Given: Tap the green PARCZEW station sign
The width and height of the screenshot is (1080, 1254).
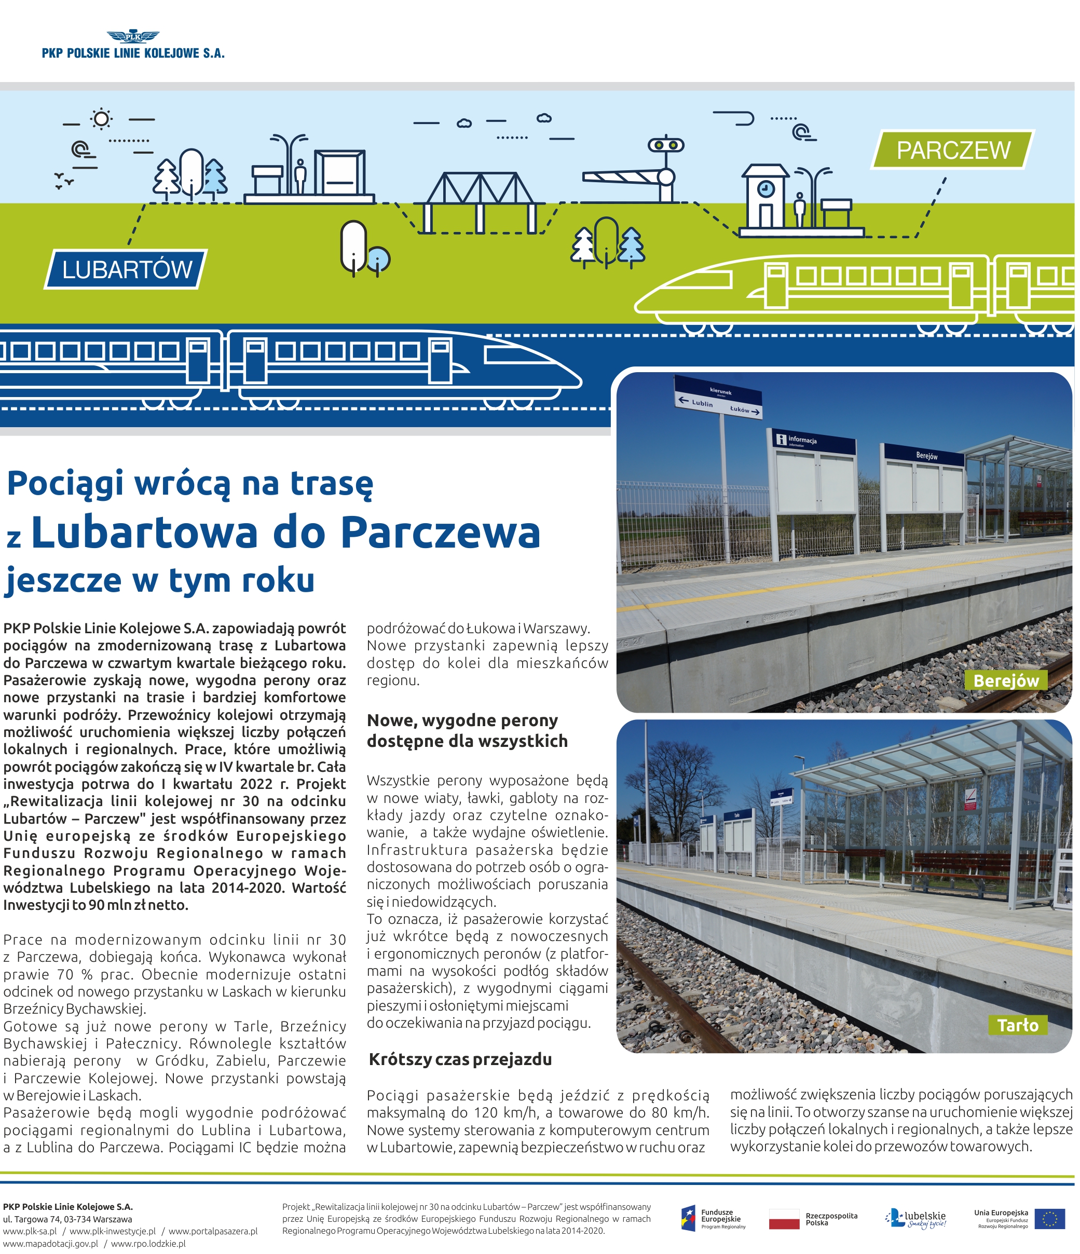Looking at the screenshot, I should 952,150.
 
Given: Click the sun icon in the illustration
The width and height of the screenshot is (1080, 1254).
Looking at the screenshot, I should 101,119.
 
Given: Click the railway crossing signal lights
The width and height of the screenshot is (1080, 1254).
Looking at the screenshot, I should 665,145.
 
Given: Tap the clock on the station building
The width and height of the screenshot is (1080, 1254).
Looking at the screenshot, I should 766,189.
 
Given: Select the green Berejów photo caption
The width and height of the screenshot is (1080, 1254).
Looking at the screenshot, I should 1006,681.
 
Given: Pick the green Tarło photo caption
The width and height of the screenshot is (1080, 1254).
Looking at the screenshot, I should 1018,1025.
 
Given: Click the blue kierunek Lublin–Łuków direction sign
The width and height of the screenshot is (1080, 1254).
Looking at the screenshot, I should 718,398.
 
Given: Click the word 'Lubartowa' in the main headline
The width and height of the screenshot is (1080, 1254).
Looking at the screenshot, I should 144,533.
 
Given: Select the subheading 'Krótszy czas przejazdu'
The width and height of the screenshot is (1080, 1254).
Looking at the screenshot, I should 460,1060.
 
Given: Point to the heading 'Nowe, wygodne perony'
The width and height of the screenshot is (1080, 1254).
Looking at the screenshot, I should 462,720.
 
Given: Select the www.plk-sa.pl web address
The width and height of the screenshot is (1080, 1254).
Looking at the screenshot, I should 30,1231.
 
